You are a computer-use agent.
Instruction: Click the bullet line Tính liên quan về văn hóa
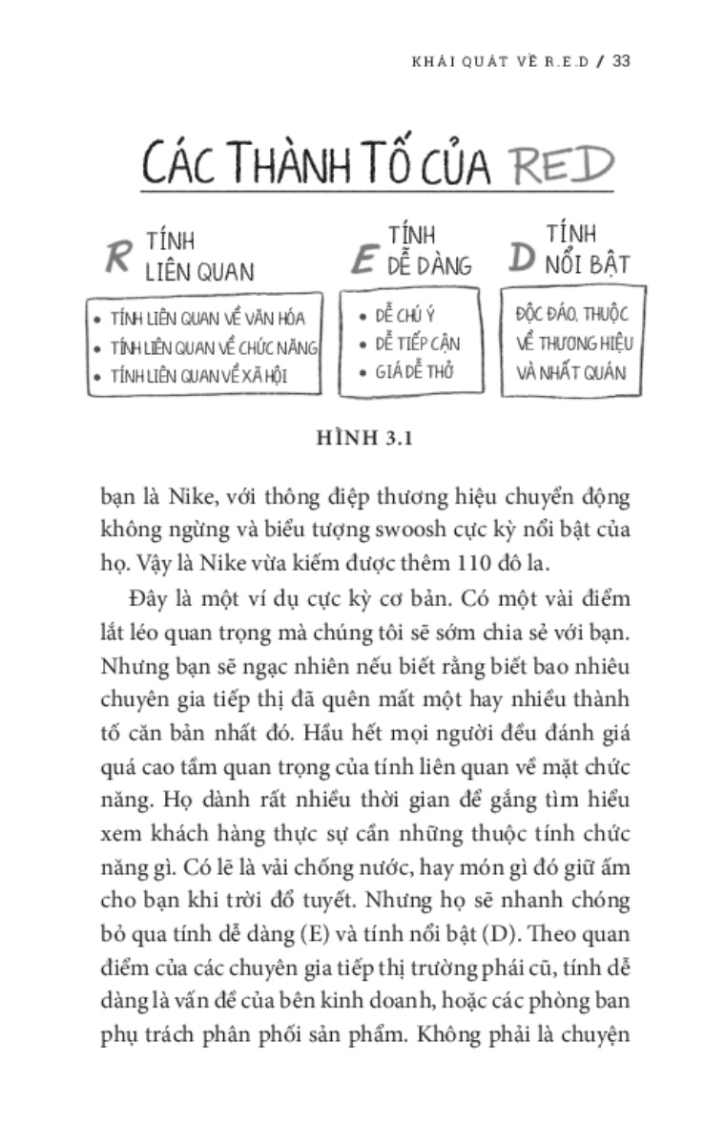point(207,318)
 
